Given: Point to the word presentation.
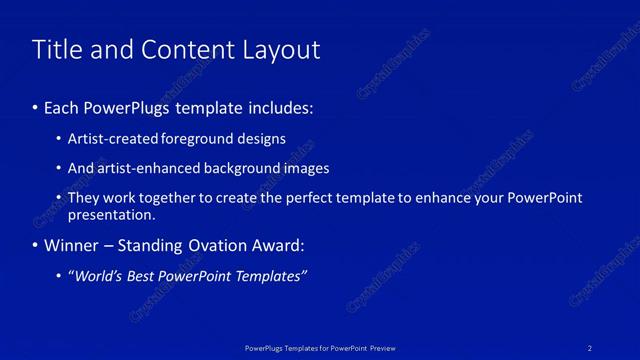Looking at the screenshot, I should click(x=111, y=214).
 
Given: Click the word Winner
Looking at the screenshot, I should click(x=72, y=245).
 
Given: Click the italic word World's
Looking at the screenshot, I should click(x=99, y=276).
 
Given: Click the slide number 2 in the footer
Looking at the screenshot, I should click(x=590, y=347).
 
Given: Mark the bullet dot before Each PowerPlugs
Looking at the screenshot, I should click(x=37, y=105).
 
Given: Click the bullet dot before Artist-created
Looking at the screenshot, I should click(x=59, y=140).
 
